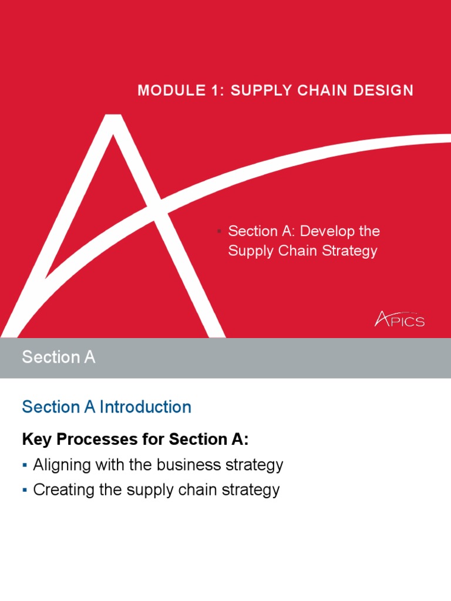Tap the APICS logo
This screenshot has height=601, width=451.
[399, 320]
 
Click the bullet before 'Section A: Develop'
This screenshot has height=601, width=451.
[219, 231]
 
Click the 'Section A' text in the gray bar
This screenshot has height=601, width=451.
[58, 357]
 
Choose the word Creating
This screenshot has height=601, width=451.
[62, 490]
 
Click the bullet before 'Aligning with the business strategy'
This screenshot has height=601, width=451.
[25, 465]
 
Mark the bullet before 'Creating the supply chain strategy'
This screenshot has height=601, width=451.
[25, 490]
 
